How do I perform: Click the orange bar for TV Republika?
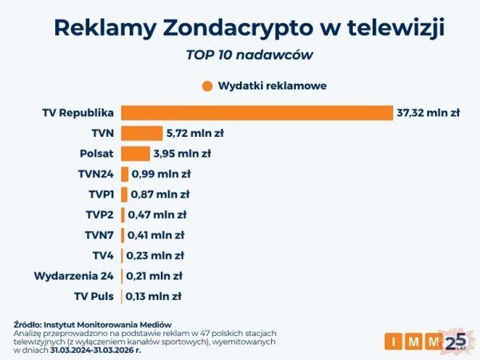click(257, 113)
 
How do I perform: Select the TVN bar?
click(142, 133)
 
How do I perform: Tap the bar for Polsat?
click(135, 154)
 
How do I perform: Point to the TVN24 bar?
click(124, 174)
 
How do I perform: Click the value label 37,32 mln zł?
click(428, 113)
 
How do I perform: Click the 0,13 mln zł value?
click(154, 296)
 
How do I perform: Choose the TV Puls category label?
click(94, 296)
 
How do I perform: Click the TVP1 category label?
click(99, 194)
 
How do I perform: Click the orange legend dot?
click(207, 86)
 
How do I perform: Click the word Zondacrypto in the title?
click(249, 28)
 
